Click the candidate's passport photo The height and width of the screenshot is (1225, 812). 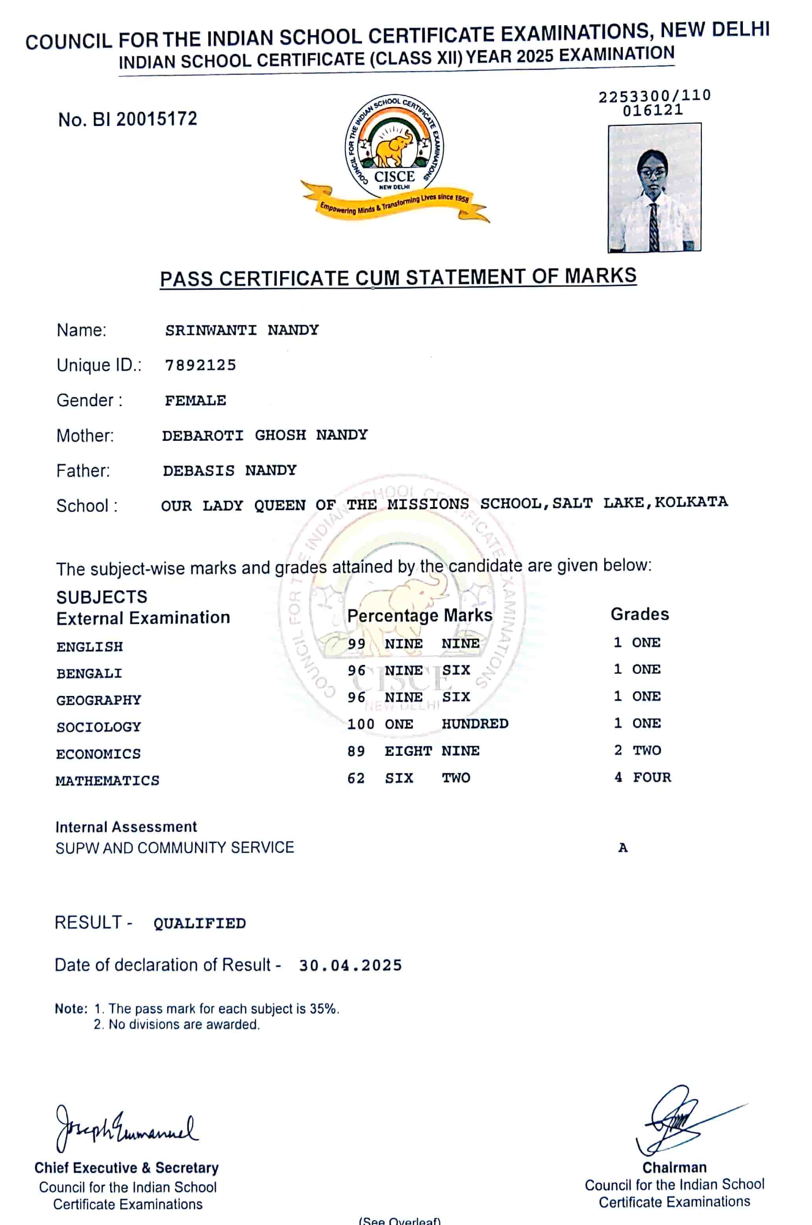654,188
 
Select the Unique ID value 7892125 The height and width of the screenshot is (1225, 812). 200,365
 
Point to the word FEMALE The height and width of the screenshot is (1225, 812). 195,401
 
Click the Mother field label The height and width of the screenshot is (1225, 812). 85,436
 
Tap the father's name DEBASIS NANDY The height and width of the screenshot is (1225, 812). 229,470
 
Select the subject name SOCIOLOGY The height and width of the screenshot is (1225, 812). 98,727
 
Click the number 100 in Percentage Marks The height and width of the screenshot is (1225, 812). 360,724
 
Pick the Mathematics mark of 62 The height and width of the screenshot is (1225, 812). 356,778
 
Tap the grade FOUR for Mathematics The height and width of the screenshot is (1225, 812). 651,777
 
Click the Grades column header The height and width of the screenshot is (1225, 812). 640,614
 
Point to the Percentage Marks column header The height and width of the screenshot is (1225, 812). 419,616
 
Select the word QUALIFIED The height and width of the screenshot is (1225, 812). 199,923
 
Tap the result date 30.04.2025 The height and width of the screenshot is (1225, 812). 350,965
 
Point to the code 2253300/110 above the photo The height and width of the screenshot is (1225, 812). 655,96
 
